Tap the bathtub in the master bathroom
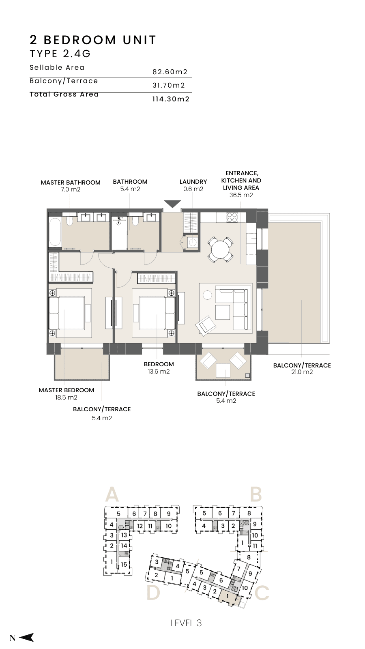(55, 232)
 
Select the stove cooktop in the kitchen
(232, 217)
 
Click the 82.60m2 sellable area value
(170, 72)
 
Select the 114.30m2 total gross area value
(171, 99)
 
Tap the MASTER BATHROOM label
(71, 183)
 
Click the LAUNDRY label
(193, 182)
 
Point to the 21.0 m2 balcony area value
(302, 372)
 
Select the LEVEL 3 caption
(186, 623)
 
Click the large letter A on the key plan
(112, 494)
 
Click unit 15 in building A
(124, 564)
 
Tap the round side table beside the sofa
(207, 295)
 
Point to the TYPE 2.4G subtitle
(60, 54)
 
